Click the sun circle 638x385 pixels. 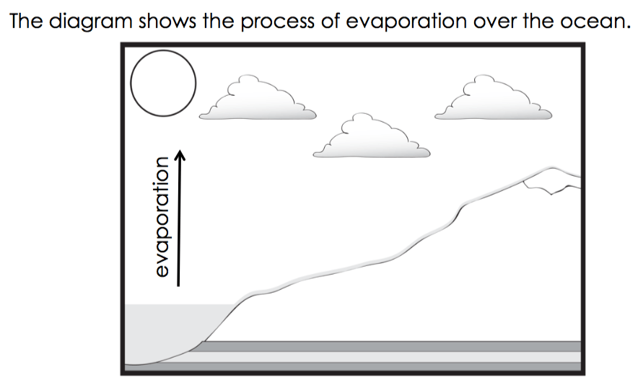(163, 50)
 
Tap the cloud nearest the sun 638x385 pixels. (258, 99)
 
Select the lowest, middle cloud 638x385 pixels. (372, 138)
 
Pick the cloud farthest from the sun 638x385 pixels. (493, 99)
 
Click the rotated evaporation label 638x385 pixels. (162, 217)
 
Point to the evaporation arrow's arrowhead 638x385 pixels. (180, 154)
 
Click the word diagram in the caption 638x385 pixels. (90, 22)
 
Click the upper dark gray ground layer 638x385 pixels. (390, 346)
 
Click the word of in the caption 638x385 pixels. (330, 21)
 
